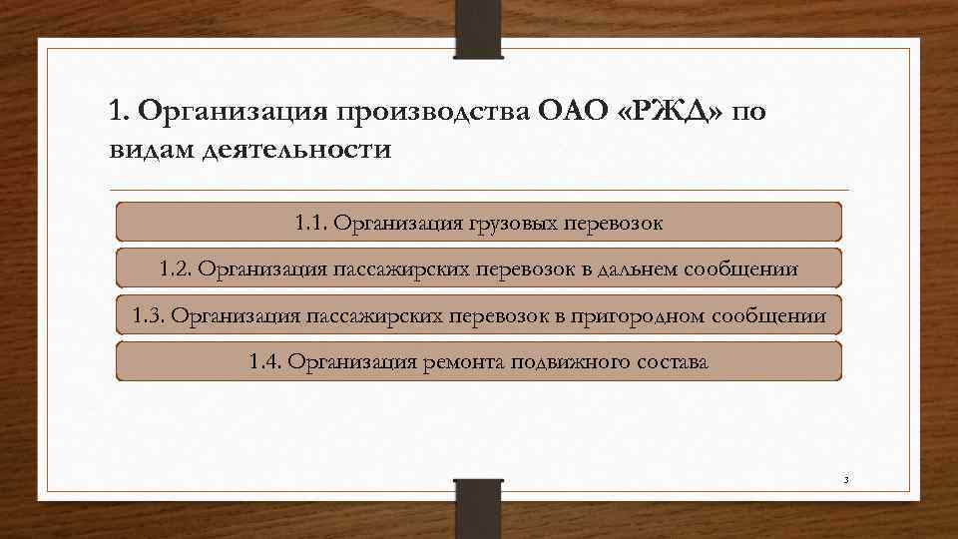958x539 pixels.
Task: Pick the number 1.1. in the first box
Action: tap(312, 222)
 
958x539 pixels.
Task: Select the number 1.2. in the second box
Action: tap(178, 269)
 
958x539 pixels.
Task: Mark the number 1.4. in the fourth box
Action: tap(267, 362)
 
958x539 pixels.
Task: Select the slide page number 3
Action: tap(846, 481)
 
